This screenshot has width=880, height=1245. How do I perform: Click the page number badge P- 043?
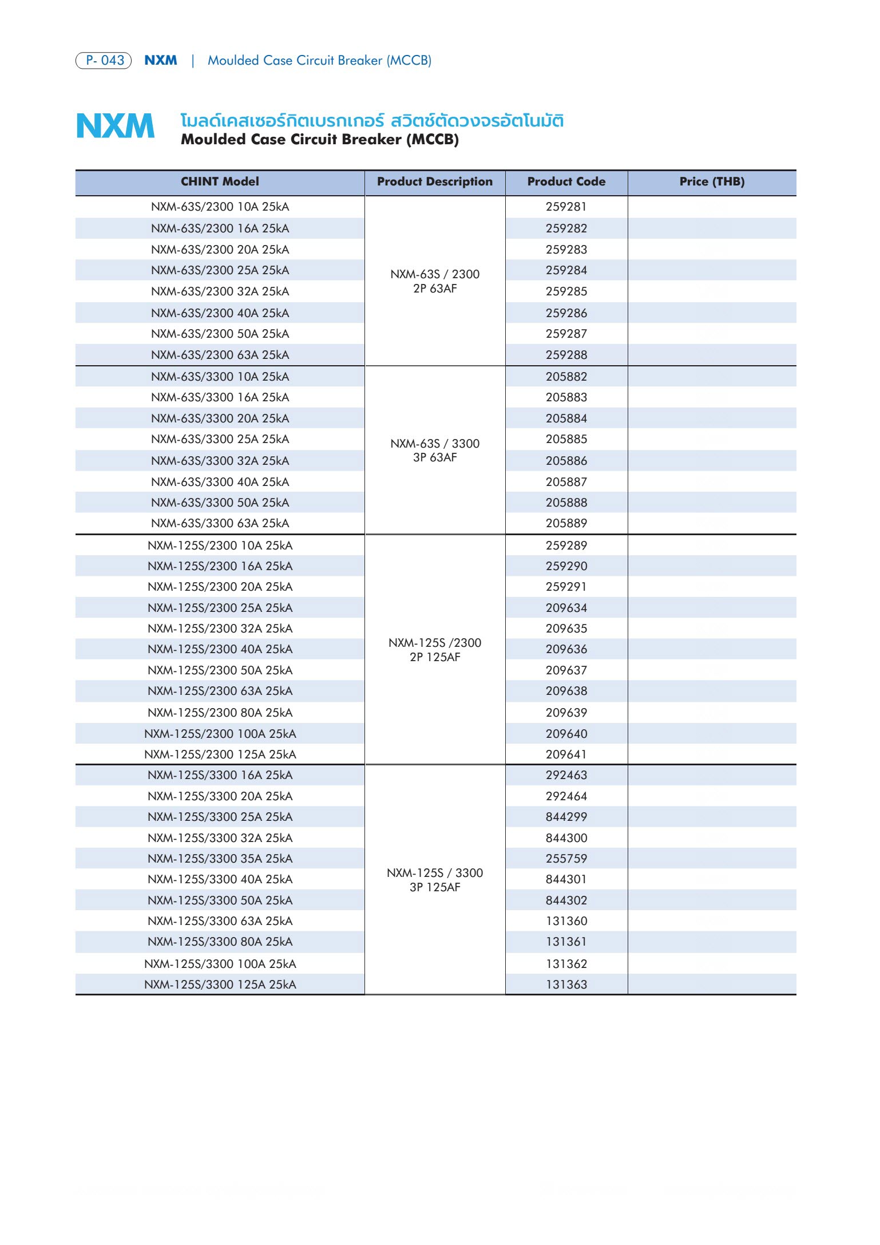(104, 60)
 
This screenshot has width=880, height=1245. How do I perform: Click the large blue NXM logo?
(115, 127)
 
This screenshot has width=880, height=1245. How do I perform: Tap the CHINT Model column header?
(220, 181)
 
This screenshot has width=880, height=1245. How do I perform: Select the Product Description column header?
(434, 181)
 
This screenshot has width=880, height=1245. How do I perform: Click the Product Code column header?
(566, 181)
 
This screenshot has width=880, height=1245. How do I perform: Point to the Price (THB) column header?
(712, 181)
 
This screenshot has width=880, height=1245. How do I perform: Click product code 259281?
(566, 207)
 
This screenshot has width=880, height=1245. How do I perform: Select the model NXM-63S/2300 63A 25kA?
(220, 355)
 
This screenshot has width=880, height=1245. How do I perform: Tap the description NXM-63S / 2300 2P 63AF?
(435, 281)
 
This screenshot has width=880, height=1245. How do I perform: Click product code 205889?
(566, 523)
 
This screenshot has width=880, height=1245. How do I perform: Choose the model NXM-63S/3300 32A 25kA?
(220, 461)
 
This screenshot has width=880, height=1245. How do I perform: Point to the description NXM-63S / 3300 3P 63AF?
(435, 450)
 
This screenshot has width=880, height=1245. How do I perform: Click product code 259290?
(566, 566)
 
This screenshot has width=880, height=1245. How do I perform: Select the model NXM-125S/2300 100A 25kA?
(220, 734)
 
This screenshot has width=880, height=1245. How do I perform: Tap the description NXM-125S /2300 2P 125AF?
(435, 650)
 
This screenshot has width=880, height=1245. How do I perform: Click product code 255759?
(566, 859)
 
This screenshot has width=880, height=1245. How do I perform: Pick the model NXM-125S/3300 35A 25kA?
(220, 859)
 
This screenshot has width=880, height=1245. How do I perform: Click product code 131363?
(566, 985)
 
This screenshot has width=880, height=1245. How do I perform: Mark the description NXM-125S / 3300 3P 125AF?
(435, 880)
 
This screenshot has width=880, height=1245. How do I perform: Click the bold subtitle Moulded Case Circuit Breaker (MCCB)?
(319, 140)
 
